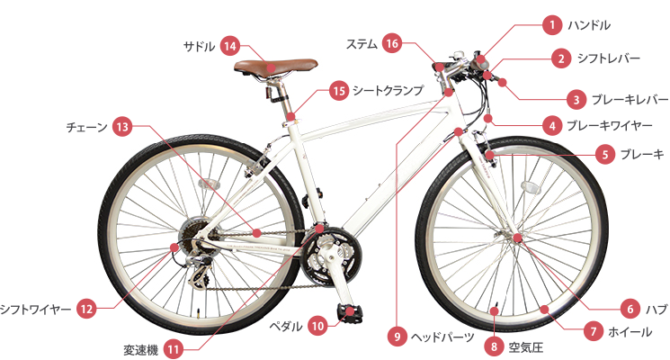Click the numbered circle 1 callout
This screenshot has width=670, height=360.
(x=548, y=24)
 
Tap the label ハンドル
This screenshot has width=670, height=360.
(x=591, y=24)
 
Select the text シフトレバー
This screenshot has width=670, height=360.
(x=608, y=58)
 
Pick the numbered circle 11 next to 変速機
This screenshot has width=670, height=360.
(x=174, y=347)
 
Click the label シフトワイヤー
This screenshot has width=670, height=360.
(x=35, y=309)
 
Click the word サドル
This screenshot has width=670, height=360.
(x=199, y=45)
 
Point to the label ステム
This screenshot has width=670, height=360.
(x=362, y=43)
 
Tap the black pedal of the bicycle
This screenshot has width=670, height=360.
(x=350, y=311)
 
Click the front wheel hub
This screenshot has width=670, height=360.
(x=518, y=238)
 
